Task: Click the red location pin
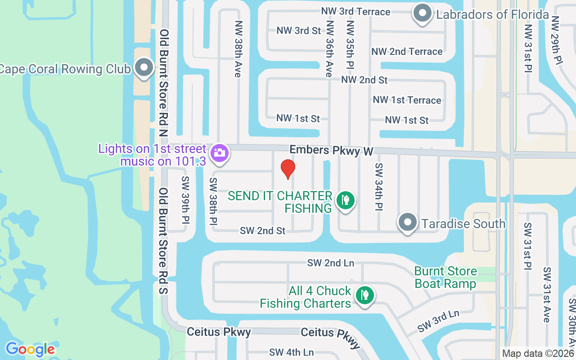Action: [x=288, y=169]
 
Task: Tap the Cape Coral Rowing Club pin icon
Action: [x=144, y=67]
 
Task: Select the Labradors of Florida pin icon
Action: [x=423, y=13]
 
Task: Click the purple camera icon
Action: [x=219, y=153]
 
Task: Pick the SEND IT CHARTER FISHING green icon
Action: [x=345, y=200]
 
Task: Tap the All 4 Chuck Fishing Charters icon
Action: [x=364, y=296]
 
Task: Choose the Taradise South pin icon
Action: [x=408, y=222]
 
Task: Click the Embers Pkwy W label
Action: [x=331, y=150]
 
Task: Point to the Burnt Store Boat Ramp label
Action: [x=445, y=277]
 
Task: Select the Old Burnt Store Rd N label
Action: [x=164, y=83]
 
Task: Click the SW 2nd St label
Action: [x=262, y=231]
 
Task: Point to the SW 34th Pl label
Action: [x=378, y=187]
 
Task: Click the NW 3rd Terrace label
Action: [x=356, y=11]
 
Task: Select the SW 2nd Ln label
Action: [x=331, y=263]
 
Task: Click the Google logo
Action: [x=30, y=349]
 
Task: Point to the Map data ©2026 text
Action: [x=538, y=354]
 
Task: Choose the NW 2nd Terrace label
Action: [x=407, y=52]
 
